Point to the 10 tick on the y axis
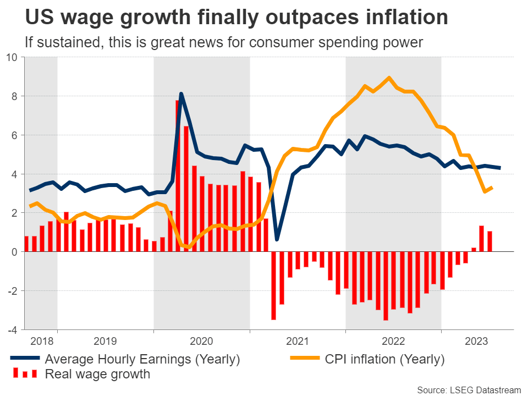pos(13,57)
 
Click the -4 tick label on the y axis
pos(13,329)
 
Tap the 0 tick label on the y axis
pos(15,251)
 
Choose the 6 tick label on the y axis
pos(15,135)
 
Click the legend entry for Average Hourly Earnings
pos(142,360)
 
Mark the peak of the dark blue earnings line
pos(182,94)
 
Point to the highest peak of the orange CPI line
pos(389,78)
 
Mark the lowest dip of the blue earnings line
pos(277,239)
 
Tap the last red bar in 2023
pos(490,241)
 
